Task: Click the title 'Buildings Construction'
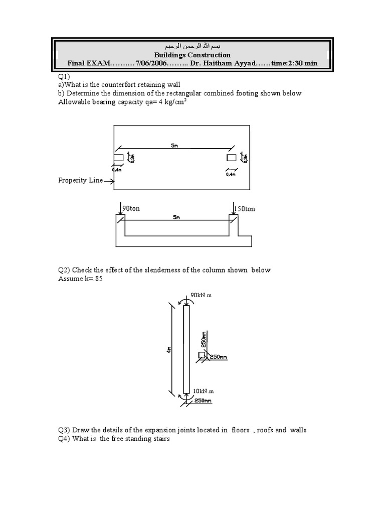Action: click(x=192, y=55)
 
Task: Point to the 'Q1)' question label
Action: click(x=63, y=76)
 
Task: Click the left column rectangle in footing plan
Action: click(x=118, y=158)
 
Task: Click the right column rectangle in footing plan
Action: click(x=231, y=158)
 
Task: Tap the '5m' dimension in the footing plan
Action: click(x=174, y=147)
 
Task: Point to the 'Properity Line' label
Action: click(x=80, y=180)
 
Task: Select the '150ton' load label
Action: click(x=245, y=209)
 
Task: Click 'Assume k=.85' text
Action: click(x=80, y=279)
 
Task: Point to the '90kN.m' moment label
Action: click(x=202, y=295)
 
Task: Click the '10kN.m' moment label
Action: click(x=203, y=390)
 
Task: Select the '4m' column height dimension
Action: click(x=169, y=349)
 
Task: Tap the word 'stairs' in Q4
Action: click(x=159, y=439)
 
